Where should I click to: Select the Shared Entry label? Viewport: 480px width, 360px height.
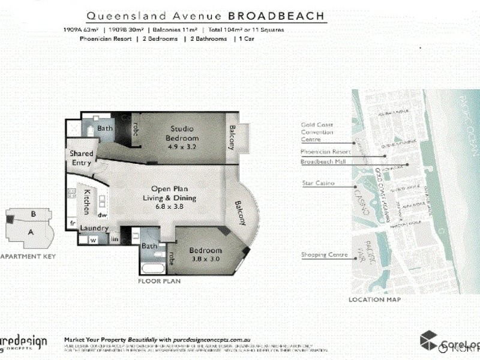81,158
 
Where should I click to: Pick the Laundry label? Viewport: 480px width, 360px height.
94,229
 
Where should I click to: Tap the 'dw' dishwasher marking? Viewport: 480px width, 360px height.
102,215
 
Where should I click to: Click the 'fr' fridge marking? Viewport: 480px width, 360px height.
73,223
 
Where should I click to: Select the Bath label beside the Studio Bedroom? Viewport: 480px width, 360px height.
105,128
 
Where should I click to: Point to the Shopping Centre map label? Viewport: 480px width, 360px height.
324,255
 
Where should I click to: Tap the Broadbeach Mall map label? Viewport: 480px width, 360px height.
325,162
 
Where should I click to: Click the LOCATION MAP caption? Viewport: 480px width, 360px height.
374,299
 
